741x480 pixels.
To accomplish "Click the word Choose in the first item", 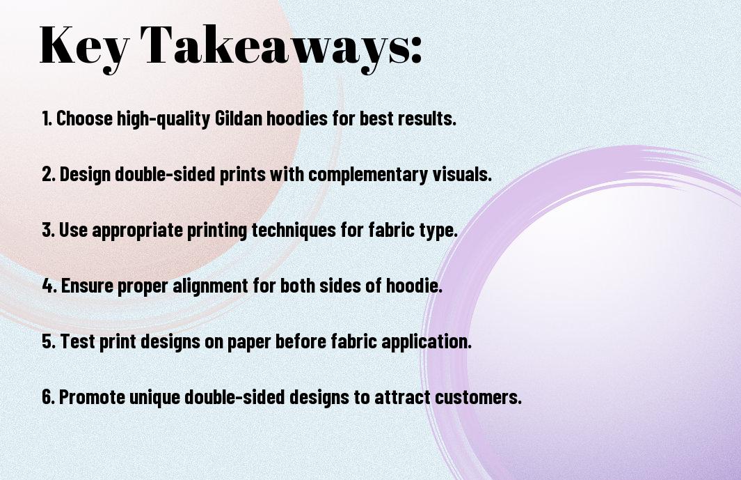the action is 84,118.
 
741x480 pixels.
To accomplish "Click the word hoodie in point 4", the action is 414,286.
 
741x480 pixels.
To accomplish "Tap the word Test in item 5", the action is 77,341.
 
